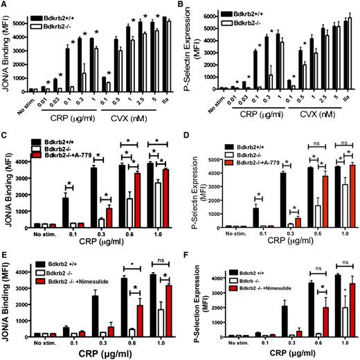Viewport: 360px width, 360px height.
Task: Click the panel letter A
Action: [6, 6]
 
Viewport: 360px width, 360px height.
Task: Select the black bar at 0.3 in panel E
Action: [89, 316]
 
